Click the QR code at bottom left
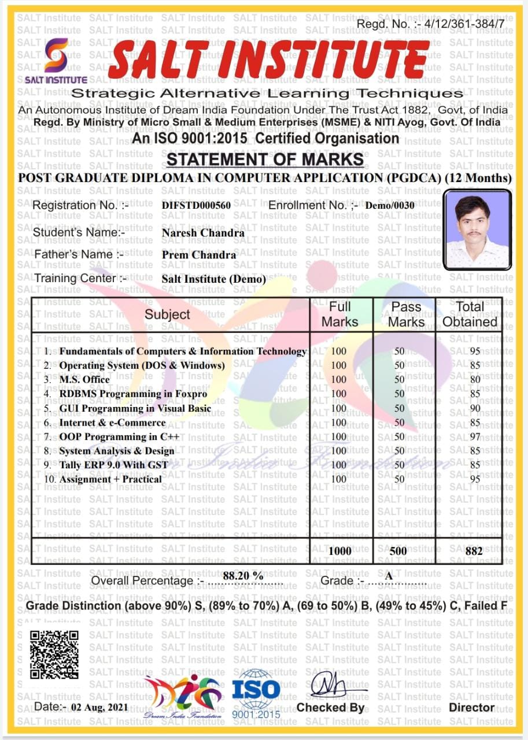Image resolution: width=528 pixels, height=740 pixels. (x=54, y=654)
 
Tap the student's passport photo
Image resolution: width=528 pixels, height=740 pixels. (x=477, y=230)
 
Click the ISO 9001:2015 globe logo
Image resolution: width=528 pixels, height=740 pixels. (x=256, y=690)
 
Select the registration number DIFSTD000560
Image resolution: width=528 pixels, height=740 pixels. (x=196, y=206)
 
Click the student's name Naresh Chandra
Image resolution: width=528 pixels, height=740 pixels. (x=203, y=233)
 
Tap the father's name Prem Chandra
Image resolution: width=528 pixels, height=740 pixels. (x=199, y=255)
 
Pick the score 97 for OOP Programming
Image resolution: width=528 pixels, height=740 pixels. (x=474, y=436)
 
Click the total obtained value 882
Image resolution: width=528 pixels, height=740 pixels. (x=474, y=551)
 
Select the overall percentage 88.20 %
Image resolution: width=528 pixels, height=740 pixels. (x=243, y=576)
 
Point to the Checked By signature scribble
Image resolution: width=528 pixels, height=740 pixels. (x=333, y=686)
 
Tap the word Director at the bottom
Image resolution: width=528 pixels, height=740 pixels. (x=472, y=708)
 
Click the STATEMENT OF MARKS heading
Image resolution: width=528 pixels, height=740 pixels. (x=265, y=160)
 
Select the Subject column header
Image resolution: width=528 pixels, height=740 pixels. (x=167, y=314)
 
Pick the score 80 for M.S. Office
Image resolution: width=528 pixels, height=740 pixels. (x=474, y=380)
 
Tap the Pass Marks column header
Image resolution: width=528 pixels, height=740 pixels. (x=406, y=314)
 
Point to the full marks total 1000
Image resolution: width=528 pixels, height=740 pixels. (x=339, y=551)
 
